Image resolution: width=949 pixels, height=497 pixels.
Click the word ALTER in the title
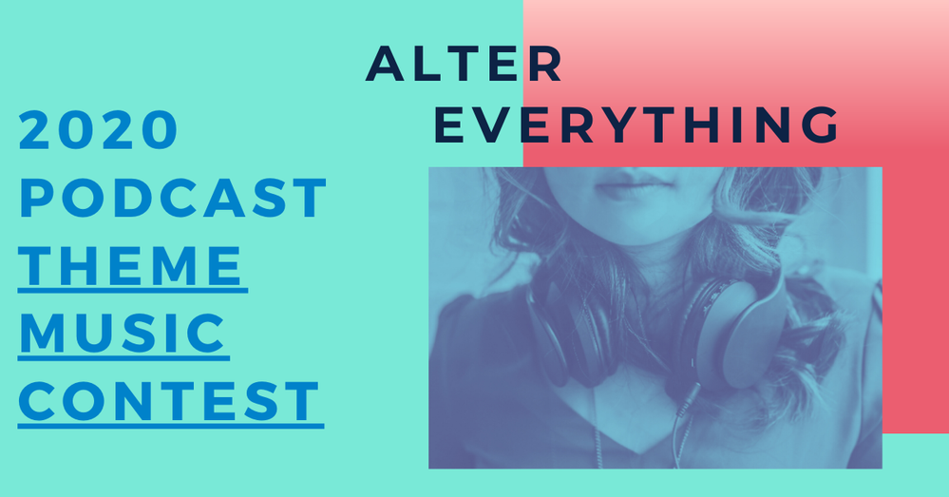[464, 64]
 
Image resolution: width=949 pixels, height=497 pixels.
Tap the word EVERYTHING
[636, 125]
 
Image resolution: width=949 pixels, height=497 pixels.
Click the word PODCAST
[173, 198]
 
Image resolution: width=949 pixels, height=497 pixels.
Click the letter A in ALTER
[386, 64]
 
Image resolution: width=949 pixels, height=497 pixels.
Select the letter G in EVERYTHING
[820, 125]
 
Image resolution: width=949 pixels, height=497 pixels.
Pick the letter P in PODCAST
[35, 198]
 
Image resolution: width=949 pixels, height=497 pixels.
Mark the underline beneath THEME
[133, 291]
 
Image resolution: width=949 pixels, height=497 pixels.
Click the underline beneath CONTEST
[171, 426]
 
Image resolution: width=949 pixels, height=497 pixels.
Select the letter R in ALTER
[546, 64]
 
